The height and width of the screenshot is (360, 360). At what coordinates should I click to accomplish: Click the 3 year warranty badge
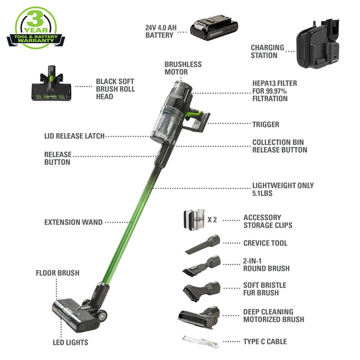(x=36, y=28)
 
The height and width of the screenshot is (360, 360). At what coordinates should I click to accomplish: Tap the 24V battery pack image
(x=214, y=28)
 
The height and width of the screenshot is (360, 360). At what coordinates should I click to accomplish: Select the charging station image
(x=318, y=44)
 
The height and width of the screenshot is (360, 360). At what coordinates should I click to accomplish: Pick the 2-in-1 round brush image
(x=202, y=265)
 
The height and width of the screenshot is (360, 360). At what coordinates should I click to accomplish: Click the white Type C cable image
(x=200, y=342)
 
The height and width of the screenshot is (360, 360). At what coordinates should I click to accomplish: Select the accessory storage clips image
(x=194, y=220)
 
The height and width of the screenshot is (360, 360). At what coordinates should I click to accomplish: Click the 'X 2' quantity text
(x=212, y=220)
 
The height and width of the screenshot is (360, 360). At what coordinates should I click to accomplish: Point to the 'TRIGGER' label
(x=266, y=124)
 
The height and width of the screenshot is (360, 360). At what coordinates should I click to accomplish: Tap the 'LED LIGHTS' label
(x=70, y=343)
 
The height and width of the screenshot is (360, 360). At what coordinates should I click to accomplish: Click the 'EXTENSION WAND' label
(x=73, y=222)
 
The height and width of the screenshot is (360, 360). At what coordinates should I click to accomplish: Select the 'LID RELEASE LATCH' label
(x=74, y=136)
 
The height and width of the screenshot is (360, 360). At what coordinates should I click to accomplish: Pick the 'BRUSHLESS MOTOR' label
(x=183, y=68)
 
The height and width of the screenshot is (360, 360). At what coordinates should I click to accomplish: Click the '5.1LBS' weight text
(x=262, y=193)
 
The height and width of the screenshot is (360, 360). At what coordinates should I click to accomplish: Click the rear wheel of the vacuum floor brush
(x=101, y=316)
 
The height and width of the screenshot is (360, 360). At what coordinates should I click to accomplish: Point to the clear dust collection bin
(x=164, y=124)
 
